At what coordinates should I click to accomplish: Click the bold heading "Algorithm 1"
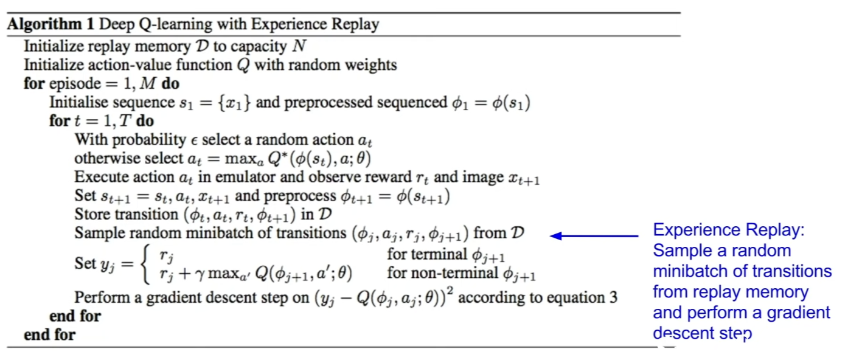[50, 24]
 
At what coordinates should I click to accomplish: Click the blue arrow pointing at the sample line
[594, 236]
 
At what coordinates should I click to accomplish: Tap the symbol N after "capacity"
[299, 46]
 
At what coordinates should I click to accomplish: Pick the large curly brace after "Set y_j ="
[145, 264]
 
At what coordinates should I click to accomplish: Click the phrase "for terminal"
[426, 254]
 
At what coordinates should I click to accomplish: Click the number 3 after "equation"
[613, 297]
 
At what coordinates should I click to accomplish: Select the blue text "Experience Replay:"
[729, 230]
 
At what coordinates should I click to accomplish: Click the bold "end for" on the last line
[50, 334]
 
